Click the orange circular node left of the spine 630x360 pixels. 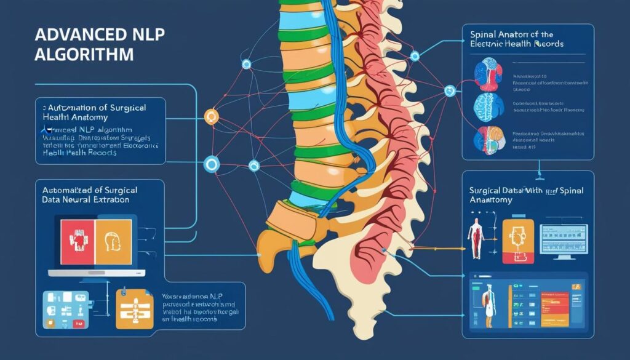pos(211,116)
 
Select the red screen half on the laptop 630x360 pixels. pos(77,241)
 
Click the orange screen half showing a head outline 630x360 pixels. pos(113,241)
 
